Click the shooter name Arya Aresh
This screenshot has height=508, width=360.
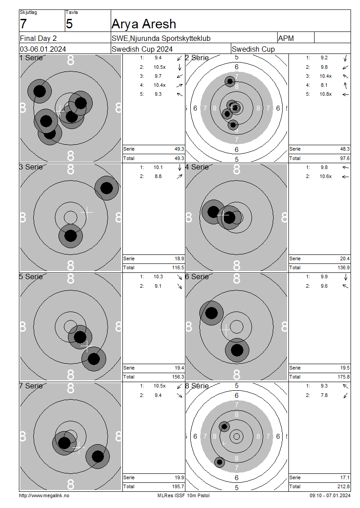click(x=144, y=24)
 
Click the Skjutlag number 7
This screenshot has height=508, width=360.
click(x=23, y=24)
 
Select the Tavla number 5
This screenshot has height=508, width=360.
click(x=69, y=24)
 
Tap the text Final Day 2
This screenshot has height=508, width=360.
click(x=38, y=38)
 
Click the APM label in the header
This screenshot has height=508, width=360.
click(x=286, y=38)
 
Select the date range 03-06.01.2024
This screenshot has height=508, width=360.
click(x=43, y=49)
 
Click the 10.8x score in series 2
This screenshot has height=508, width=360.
click(x=326, y=94)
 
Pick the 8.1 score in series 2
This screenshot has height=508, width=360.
click(x=324, y=85)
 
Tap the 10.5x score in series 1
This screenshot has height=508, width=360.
click(x=160, y=67)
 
